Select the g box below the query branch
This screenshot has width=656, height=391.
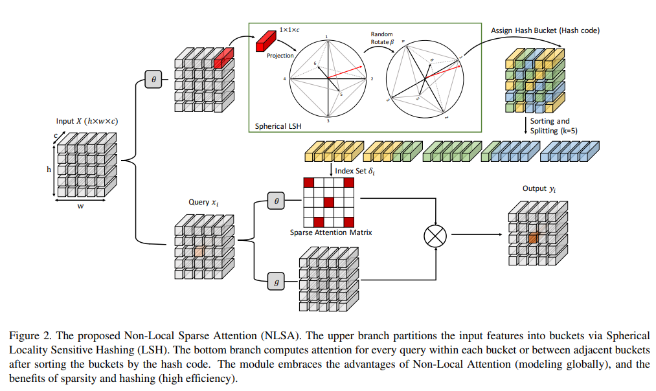point(277,282)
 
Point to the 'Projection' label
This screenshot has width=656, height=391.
point(280,56)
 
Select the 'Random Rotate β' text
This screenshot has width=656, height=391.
point(382,38)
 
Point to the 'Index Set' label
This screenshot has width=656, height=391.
point(355,171)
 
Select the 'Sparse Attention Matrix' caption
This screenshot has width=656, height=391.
point(330,232)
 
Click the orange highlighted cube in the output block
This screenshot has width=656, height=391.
point(532,238)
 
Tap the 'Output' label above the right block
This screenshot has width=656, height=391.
point(539,189)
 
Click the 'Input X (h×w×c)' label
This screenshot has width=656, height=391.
point(87,121)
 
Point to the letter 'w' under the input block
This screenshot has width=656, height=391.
point(81,207)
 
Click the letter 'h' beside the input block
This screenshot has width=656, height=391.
point(49,169)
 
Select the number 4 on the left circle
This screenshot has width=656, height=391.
point(284,79)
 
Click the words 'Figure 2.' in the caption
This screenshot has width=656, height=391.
point(30,335)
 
